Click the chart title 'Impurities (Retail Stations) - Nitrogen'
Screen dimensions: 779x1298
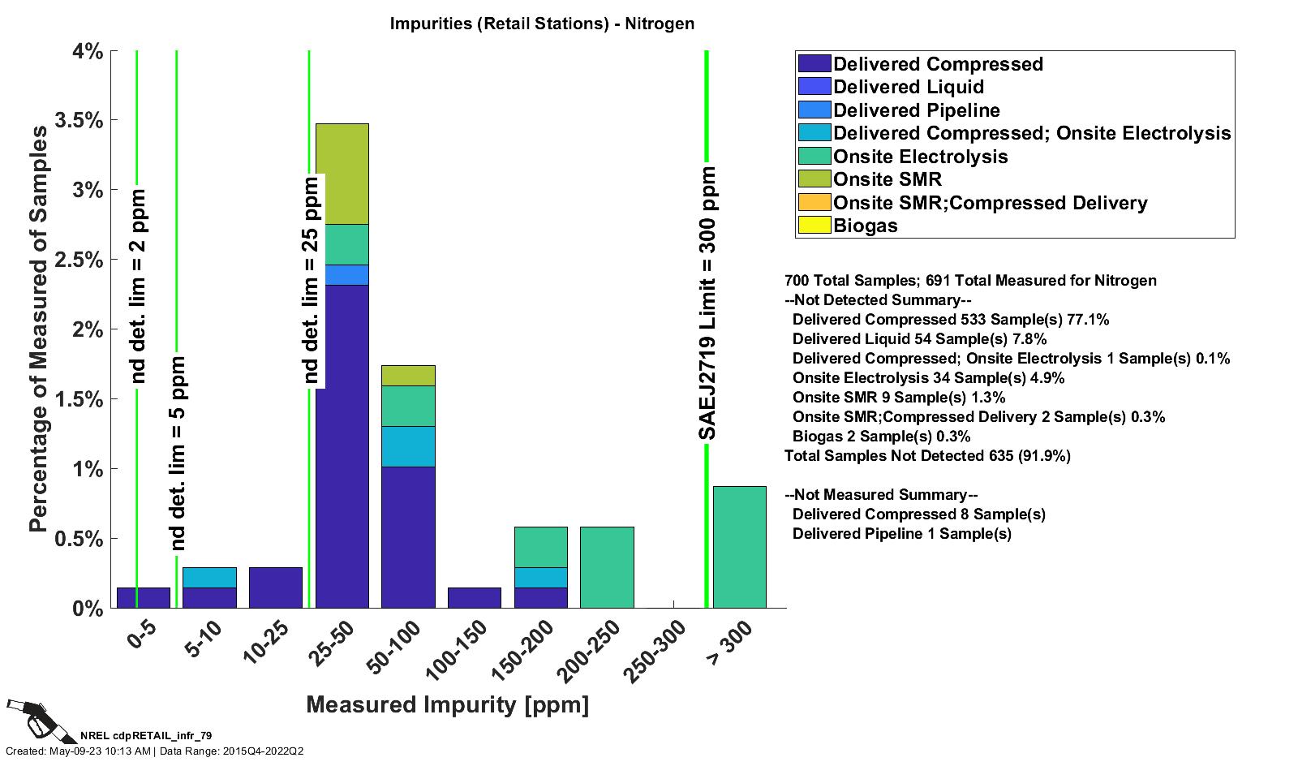click(542, 23)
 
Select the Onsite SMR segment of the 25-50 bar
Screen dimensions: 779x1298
click(342, 174)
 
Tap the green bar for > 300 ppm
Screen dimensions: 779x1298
click(739, 547)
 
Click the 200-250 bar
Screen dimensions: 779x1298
click(607, 567)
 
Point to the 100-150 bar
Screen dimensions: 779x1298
click(475, 597)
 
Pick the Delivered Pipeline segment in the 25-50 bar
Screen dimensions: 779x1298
click(342, 275)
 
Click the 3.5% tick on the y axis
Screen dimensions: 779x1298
click(78, 121)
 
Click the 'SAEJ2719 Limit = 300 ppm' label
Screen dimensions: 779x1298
click(708, 303)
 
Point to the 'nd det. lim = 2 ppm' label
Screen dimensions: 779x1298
click(138, 286)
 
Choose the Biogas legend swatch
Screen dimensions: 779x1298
click(814, 226)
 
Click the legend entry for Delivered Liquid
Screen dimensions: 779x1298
click(908, 87)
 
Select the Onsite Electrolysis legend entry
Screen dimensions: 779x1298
click(920, 157)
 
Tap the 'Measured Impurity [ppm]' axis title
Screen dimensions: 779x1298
click(447, 704)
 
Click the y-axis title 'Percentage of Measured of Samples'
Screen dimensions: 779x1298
click(38, 329)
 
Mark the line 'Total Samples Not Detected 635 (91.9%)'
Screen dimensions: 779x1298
click(927, 456)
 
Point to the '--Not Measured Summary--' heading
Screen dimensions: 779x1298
click(881, 495)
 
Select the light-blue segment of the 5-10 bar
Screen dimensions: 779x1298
click(209, 577)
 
